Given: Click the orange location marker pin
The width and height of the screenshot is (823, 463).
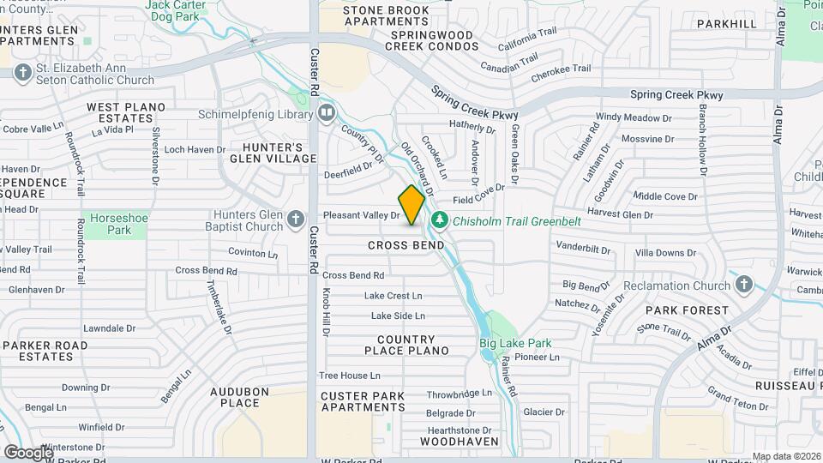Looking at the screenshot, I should click(411, 205).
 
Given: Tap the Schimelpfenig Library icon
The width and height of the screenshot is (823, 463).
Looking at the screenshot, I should click(326, 113).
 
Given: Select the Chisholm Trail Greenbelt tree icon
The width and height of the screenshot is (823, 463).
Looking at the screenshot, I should click(440, 221).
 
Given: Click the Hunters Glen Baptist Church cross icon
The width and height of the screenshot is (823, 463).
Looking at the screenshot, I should click(296, 220).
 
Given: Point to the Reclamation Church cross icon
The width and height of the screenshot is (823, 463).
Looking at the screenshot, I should click(743, 286).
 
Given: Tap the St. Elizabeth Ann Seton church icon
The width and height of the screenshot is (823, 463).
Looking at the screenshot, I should click(22, 74).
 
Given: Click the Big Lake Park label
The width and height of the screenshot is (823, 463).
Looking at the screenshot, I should click(515, 344).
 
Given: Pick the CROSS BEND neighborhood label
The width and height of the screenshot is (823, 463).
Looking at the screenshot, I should click(406, 245).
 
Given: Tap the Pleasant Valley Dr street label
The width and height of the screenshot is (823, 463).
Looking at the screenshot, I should click(362, 215).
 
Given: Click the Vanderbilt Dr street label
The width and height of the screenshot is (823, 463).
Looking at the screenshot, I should click(583, 248).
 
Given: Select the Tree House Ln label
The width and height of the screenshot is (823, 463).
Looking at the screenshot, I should click(349, 376).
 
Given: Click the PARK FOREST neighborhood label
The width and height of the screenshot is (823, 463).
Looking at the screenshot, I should click(687, 310).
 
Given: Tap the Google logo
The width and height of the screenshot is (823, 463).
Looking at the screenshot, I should click(28, 452).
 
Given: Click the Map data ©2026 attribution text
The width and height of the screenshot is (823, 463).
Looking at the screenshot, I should click(785, 456).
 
